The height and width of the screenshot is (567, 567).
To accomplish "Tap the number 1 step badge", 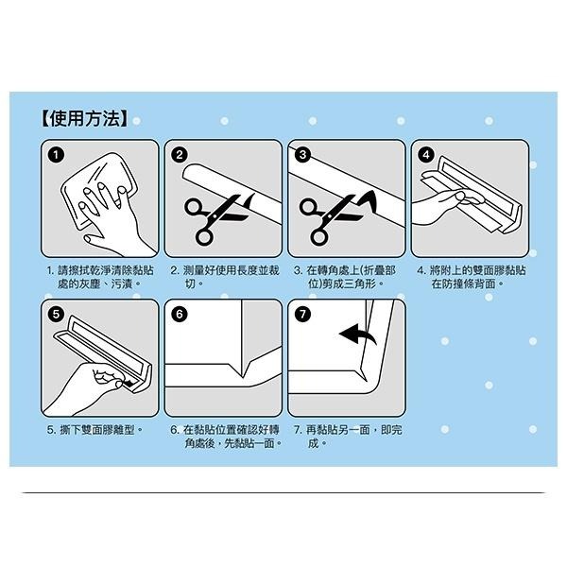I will tap(58, 154).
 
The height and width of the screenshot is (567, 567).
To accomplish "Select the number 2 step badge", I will tap(179, 154).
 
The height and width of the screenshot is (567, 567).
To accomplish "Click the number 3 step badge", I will tap(302, 154).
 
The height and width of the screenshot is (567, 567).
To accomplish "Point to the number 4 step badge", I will tap(425, 154).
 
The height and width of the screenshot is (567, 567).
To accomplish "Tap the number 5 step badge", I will tap(58, 314).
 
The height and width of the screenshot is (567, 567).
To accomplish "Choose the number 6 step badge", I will tap(179, 314).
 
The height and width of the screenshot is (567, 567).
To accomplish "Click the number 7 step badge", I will tap(302, 314).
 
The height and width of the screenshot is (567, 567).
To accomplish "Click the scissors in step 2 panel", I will tap(208, 217).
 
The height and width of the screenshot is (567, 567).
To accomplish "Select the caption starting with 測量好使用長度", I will tap(224, 276).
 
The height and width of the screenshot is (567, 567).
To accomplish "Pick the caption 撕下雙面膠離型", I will tap(94, 430).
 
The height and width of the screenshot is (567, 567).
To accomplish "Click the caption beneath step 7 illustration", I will tap(347, 436).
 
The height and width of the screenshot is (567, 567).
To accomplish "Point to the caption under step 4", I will tap(470, 276).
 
